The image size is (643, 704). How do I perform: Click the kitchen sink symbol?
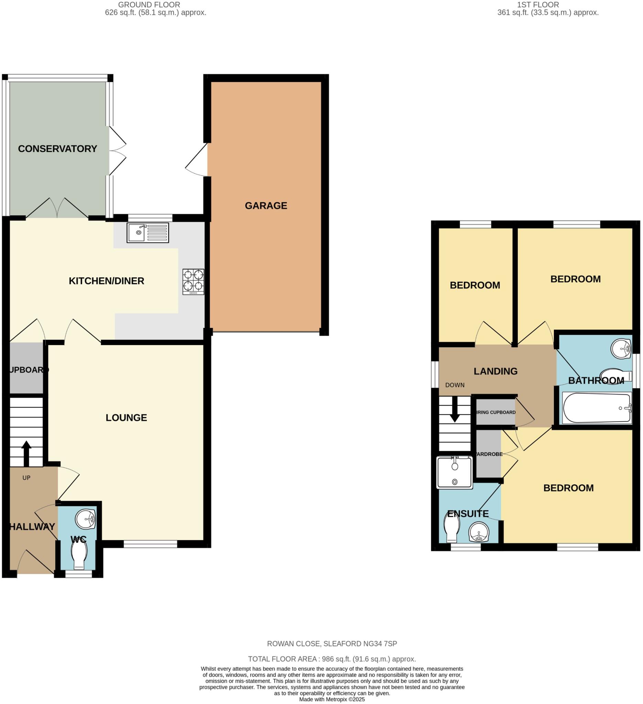(148, 233)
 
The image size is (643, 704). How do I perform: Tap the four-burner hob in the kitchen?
(193, 282)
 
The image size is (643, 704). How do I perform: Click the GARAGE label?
(266, 206)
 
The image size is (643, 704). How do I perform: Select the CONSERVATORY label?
(57, 149)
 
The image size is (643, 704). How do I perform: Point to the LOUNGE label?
(126, 418)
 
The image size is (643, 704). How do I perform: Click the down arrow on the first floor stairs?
(455, 410)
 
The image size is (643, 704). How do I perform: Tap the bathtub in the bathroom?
(597, 408)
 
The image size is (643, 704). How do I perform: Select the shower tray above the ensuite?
(454, 472)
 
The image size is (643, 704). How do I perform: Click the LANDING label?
(495, 371)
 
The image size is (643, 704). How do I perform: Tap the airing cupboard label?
(496, 412)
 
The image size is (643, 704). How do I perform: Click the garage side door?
(196, 160)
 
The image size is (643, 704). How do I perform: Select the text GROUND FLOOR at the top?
(149, 5)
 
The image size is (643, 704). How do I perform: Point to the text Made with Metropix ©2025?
(332, 700)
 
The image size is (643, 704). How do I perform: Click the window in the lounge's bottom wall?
(150, 544)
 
